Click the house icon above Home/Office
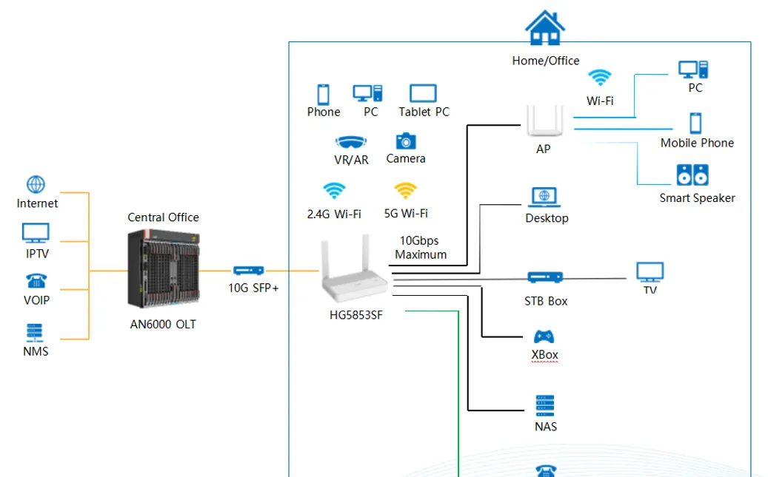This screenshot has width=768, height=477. point(544,28)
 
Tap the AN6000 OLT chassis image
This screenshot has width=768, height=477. point(164,268)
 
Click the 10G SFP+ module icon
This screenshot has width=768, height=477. point(248,271)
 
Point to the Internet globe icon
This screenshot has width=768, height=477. point(36,184)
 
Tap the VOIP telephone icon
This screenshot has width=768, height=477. point(36,281)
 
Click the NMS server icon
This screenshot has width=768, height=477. point(35,333)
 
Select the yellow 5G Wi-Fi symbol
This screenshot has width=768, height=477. point(406,190)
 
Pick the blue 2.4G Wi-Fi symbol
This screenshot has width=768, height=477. point(334,190)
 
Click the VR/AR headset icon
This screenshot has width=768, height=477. point(351,142)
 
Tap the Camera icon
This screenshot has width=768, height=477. point(406,141)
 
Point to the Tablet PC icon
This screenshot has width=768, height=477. point(423,93)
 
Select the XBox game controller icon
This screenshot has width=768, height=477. point(544,336)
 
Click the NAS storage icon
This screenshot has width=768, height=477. point(545,405)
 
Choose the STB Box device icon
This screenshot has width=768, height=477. point(545,277)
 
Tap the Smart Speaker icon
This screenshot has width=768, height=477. point(692,175)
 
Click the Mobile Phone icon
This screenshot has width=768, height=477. point(695,123)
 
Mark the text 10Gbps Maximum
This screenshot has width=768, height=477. point(421,248)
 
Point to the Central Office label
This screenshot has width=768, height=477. point(163,217)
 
